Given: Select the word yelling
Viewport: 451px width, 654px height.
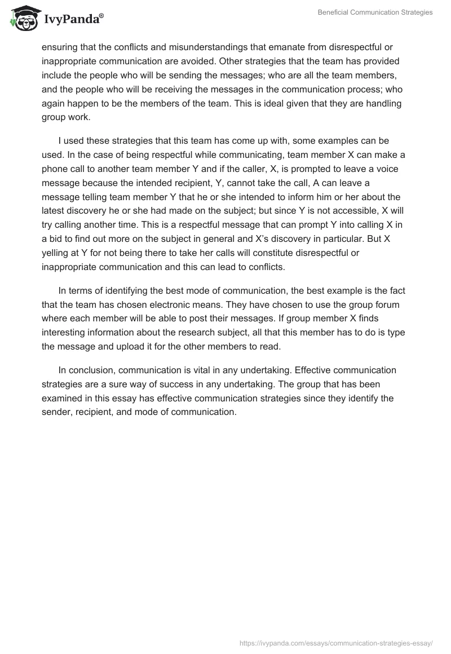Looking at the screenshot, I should (x=55, y=253).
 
